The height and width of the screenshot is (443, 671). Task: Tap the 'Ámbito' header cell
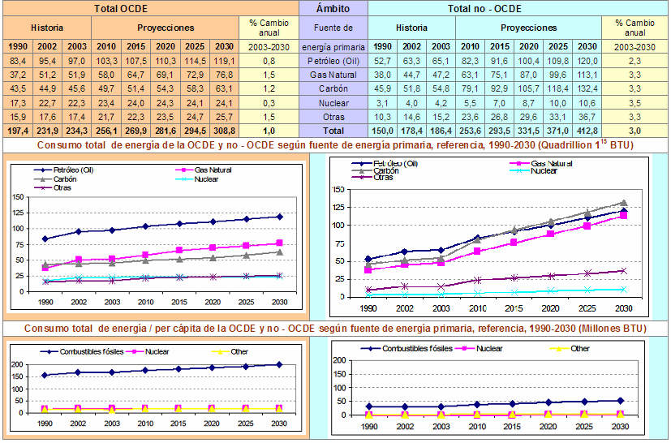point(333,9)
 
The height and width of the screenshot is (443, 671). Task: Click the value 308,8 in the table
point(225,130)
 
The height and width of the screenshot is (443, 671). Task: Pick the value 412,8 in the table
point(587,130)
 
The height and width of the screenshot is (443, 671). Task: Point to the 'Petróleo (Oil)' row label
point(333,61)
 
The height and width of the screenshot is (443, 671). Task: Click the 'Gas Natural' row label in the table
point(333,75)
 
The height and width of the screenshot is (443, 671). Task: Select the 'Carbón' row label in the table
point(333,88)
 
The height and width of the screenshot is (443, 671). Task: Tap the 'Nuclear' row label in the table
point(333,102)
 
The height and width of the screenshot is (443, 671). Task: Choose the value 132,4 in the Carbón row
point(587,88)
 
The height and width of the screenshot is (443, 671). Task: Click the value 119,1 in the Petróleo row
point(225,61)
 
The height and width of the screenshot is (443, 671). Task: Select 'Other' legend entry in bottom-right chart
point(579,348)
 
